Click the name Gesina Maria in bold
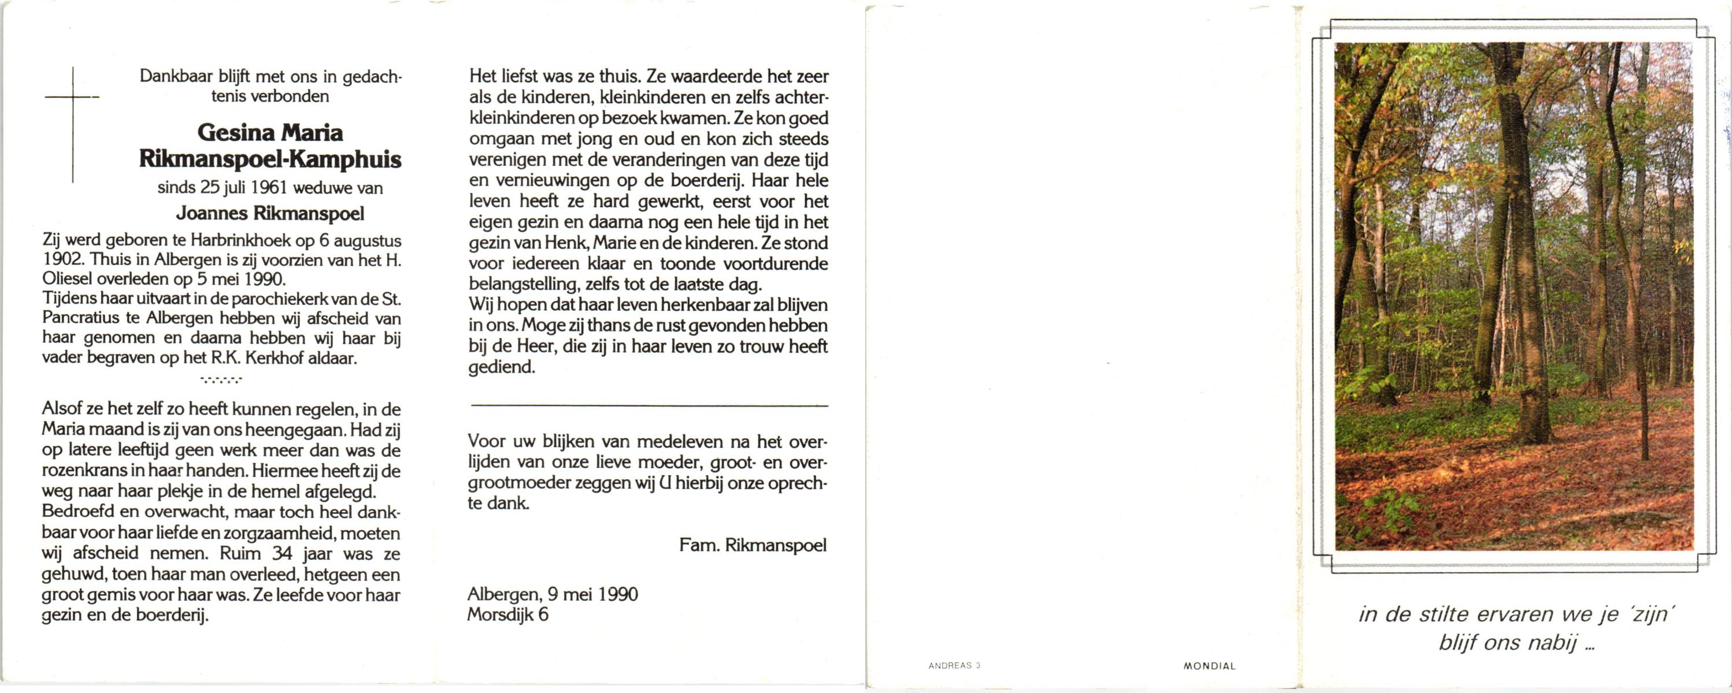(x=270, y=132)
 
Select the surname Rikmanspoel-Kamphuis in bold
(x=270, y=159)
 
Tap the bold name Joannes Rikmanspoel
(x=270, y=214)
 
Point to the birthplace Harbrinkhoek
(x=241, y=240)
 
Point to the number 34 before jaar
(x=281, y=554)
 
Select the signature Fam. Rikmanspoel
(x=752, y=545)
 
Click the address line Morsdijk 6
(x=507, y=614)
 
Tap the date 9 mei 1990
(x=592, y=594)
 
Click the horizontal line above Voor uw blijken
(x=649, y=405)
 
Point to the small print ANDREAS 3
(x=954, y=665)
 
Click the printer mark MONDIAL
(x=1210, y=666)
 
